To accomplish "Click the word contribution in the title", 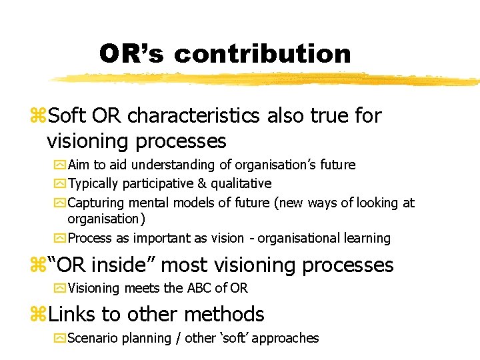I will click(x=262, y=54).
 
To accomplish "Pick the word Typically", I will click(x=93, y=183).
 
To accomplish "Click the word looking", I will click(x=378, y=203).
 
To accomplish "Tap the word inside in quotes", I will click(x=123, y=265).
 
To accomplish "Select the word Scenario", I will click(x=93, y=338).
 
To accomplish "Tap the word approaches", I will click(x=286, y=338).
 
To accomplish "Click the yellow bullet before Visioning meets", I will click(x=62, y=288).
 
